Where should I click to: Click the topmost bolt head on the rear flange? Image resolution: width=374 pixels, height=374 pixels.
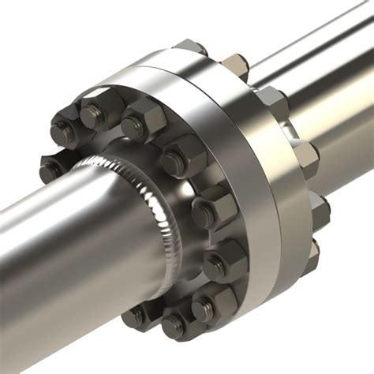click(x=189, y=47)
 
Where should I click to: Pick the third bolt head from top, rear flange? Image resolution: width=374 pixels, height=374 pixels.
click(x=272, y=99)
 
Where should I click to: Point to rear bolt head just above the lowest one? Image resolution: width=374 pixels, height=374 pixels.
click(x=320, y=209)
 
